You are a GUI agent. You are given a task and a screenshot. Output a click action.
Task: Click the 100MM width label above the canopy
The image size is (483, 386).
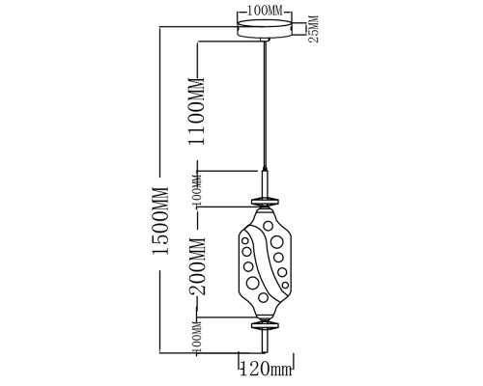coord(265,12)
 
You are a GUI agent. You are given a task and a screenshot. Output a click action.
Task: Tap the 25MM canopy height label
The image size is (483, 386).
coord(313,29)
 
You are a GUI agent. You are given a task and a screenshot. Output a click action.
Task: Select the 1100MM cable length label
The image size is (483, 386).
coord(197,111)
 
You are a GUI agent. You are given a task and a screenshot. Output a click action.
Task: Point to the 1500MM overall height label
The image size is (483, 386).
coord(160,221)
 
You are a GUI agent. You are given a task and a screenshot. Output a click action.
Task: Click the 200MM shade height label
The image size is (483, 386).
coord(197,266)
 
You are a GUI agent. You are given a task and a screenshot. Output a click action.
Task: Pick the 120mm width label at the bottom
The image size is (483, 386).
coord(267,369)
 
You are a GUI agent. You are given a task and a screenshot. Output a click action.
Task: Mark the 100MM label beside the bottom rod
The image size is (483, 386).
coord(197,338)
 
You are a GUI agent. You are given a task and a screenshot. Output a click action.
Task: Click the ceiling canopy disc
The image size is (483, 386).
coord(265,29)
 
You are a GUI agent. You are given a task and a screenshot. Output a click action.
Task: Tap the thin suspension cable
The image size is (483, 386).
coord(265,104)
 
